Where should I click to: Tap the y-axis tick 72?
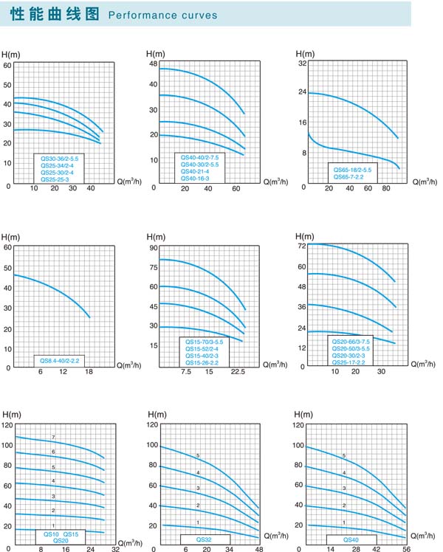click(x=301, y=245)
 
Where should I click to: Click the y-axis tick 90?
click(x=154, y=247)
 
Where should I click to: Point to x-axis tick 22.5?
click(x=238, y=372)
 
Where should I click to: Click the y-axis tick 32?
click(x=301, y=64)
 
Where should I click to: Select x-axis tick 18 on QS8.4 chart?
click(x=88, y=372)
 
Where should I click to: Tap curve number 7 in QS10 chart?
click(x=53, y=438)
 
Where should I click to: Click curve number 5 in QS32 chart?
click(x=198, y=456)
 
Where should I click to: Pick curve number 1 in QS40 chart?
click(x=344, y=522)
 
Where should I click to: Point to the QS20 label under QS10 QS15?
click(x=61, y=541)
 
